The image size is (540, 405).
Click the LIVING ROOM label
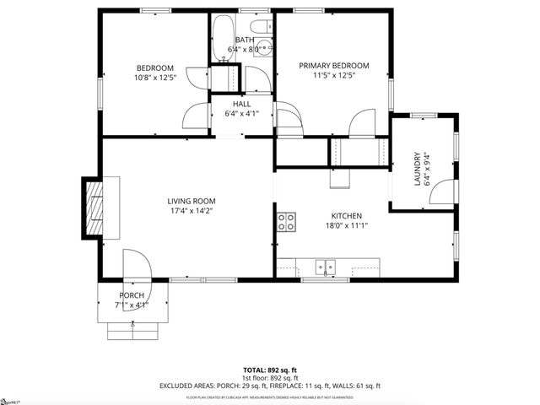192,201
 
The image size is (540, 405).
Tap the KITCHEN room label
346,214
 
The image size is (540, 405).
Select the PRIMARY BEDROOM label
334,66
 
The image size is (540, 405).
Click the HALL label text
241,104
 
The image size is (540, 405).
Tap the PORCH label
132,294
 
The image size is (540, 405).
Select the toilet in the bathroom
263,46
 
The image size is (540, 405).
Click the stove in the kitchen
287,222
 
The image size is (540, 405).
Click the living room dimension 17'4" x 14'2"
192,212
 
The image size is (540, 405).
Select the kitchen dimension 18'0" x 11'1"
346,225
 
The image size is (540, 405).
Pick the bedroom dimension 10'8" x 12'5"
155,78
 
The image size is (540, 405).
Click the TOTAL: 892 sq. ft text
270,370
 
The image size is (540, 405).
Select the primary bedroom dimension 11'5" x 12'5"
334,77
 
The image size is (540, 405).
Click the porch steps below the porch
132,330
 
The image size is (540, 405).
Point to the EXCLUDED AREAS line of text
270,386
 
